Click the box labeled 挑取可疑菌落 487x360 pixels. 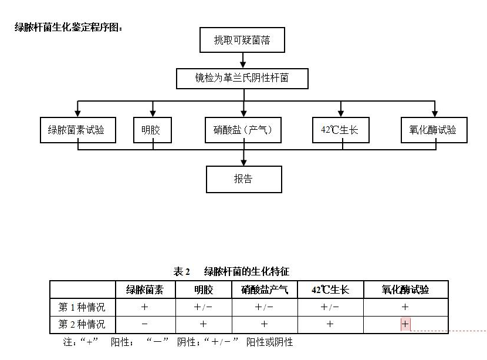coord(242,41)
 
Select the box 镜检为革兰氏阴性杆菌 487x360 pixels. coord(242,78)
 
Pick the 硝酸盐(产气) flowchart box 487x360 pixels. coord(243,130)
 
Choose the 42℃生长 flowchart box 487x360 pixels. coord(340,130)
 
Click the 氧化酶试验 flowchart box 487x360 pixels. coord(434,130)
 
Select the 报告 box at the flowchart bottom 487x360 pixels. coord(243,179)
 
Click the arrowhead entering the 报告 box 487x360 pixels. coord(243,162)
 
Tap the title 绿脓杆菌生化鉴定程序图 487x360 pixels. coord(69,27)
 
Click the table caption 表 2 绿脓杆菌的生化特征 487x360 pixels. coord(231,271)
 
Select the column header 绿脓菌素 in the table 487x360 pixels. coord(144,290)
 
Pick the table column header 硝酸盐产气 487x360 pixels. coord(264,290)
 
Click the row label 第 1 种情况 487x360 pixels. coord(82,307)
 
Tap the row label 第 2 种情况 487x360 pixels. coord(82,324)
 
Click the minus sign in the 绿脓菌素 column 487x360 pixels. coord(144,324)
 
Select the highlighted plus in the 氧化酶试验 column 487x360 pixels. coord(405,324)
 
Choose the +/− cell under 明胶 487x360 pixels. coord(203,307)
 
